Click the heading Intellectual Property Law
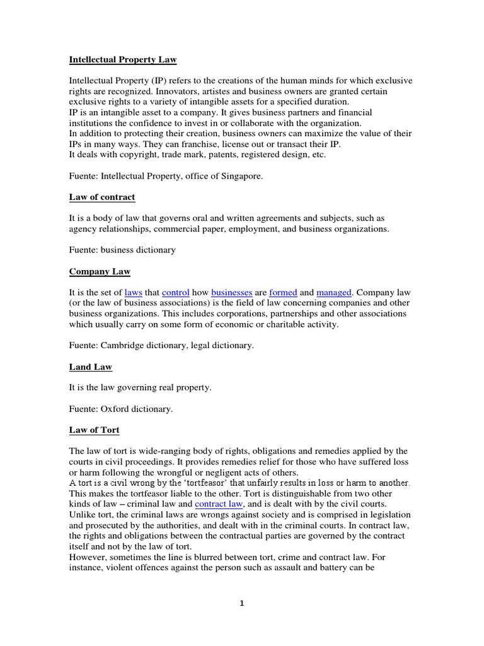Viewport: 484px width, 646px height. (x=123, y=60)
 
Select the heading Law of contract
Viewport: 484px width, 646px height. (x=101, y=197)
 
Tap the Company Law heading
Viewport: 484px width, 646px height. (x=99, y=272)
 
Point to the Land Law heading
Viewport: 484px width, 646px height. (x=91, y=367)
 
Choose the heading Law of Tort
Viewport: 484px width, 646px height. (x=94, y=430)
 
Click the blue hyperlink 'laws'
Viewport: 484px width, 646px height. (x=134, y=293)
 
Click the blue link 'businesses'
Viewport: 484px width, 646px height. (x=232, y=293)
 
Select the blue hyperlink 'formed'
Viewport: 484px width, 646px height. (x=283, y=293)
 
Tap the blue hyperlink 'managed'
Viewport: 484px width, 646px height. (x=334, y=293)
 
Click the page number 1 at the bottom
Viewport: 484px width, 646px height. (x=241, y=603)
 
